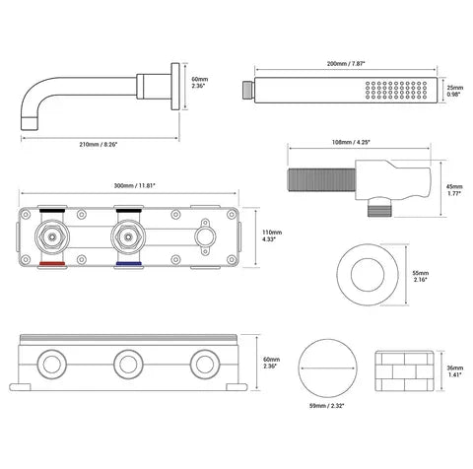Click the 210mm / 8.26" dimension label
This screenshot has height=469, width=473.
tap(99, 144)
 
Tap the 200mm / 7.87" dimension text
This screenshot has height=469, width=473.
tap(346, 64)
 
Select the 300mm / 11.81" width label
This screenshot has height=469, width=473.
tap(135, 185)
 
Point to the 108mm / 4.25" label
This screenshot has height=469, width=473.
tap(351, 142)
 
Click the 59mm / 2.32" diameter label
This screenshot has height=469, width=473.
tap(327, 406)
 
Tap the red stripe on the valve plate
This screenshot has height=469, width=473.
tap(52, 263)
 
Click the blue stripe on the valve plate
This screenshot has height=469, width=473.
tap(128, 263)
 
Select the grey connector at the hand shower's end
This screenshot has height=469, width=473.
tap(248, 90)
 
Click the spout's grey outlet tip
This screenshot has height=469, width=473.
tap(31, 123)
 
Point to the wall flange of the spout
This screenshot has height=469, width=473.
tap(175, 87)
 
